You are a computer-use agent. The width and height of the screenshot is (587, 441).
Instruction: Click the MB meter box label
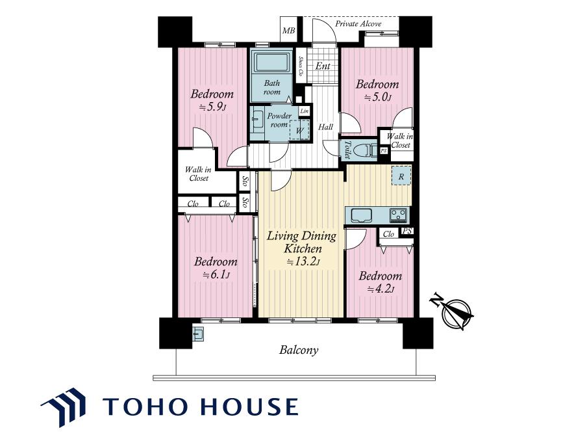click(288, 31)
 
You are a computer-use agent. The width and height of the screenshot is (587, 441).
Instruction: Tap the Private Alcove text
click(358, 23)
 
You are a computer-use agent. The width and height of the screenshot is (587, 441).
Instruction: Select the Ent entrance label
click(323, 66)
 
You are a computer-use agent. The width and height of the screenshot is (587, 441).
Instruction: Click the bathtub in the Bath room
click(272, 62)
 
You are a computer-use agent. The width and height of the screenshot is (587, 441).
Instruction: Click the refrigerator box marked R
click(401, 176)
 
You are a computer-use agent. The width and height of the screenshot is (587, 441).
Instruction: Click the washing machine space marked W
click(299, 129)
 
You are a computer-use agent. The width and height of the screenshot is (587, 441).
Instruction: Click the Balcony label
click(299, 350)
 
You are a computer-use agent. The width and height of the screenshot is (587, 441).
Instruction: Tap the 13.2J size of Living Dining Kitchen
click(303, 261)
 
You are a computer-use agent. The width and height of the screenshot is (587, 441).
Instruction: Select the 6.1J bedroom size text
click(216, 275)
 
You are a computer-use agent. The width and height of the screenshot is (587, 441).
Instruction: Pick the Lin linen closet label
click(305, 111)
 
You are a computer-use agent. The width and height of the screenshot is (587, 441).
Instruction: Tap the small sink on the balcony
click(198, 334)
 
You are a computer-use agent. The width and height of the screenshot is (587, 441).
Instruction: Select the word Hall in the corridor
click(325, 127)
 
